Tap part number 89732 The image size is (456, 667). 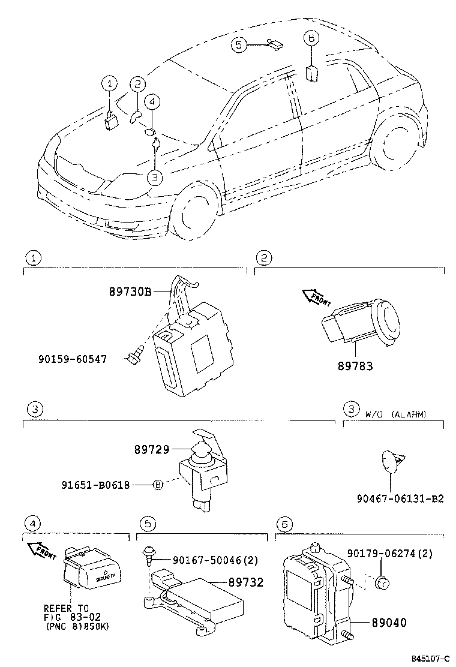pos(246,582)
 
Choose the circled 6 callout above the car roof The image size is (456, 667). pos(310,37)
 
